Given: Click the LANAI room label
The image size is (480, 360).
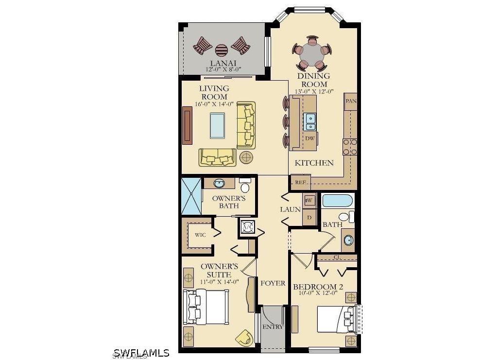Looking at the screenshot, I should (x=223, y=63).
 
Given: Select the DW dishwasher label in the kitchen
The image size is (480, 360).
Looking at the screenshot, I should (x=310, y=138).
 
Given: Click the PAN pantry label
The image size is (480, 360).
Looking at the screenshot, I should (x=350, y=101).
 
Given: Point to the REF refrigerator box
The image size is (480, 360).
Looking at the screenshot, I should (x=300, y=183).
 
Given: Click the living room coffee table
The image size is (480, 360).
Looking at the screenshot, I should (x=217, y=125).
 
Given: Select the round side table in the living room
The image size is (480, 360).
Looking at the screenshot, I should (x=246, y=157).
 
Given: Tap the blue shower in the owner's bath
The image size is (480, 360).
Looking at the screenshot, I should (x=190, y=196).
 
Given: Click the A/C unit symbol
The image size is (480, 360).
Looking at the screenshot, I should (x=247, y=226).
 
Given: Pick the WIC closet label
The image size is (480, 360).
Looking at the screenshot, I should (x=200, y=235).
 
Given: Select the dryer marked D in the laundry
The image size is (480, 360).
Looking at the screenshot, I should (x=309, y=217).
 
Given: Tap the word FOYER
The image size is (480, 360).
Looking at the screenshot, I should (x=273, y=283).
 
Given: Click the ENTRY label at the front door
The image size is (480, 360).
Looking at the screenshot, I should (x=273, y=327).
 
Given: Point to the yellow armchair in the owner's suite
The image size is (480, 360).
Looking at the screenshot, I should (x=245, y=337).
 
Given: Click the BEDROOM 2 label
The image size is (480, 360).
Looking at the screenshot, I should (x=318, y=287).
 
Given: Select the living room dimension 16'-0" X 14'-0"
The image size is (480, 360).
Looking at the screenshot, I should (x=214, y=103).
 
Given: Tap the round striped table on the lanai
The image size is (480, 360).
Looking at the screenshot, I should (x=222, y=50).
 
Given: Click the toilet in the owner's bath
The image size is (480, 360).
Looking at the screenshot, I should (x=245, y=186).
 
